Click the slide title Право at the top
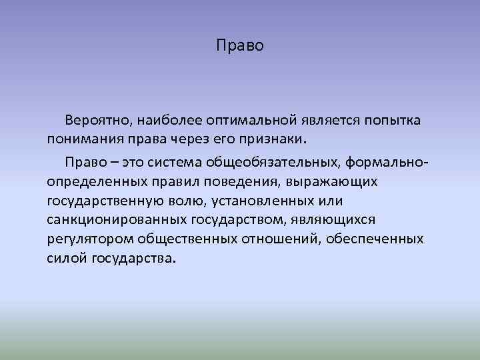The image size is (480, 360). point(241,46)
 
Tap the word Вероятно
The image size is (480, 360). point(97,120)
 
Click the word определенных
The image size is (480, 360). point(91,181)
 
